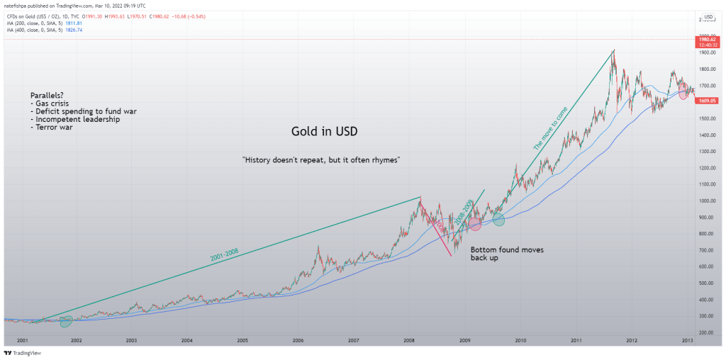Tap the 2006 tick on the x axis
pyautogui.click(x=298, y=341)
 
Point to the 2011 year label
pyautogui.click(x=576, y=341)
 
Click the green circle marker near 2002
pyautogui.click(x=66, y=322)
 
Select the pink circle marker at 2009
pyautogui.click(x=475, y=225)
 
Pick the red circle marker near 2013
pyautogui.click(x=684, y=93)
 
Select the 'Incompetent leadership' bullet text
pyautogui.click(x=75, y=119)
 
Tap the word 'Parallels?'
pyautogui.click(x=48, y=95)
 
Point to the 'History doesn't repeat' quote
pyautogui.click(x=322, y=160)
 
